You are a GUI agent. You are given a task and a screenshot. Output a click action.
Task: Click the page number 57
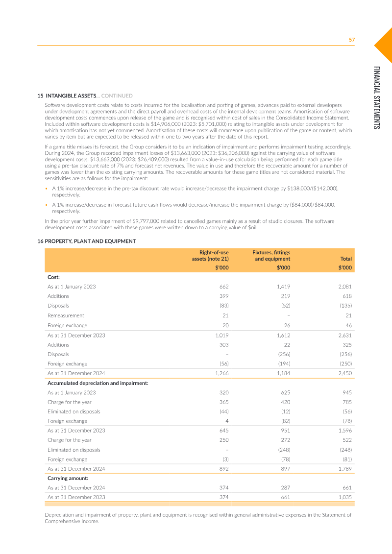click(x=351, y=40)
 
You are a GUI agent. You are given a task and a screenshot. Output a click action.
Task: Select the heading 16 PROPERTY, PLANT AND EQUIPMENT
click(x=87, y=241)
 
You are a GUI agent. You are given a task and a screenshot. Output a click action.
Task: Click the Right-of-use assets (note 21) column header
click(x=210, y=255)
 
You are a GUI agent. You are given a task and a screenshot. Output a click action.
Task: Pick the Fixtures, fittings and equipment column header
click(x=271, y=255)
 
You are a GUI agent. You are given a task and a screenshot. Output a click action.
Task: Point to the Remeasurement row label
click(x=66, y=315)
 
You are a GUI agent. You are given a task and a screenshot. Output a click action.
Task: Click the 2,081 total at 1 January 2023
click(x=344, y=287)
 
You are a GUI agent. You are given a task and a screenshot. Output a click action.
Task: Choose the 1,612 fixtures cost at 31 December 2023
click(x=283, y=336)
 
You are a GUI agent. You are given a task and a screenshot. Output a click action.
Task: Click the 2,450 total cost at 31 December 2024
click(x=344, y=373)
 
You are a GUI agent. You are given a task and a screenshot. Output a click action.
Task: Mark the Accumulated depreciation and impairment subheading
click(x=98, y=383)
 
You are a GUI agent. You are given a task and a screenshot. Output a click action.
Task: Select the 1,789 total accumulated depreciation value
click(x=345, y=469)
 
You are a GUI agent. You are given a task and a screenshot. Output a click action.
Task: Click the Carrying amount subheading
click(x=68, y=478)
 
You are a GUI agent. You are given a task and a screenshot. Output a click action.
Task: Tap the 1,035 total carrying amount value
click(x=344, y=497)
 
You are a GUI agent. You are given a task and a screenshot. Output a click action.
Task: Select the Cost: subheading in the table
click(x=53, y=277)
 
